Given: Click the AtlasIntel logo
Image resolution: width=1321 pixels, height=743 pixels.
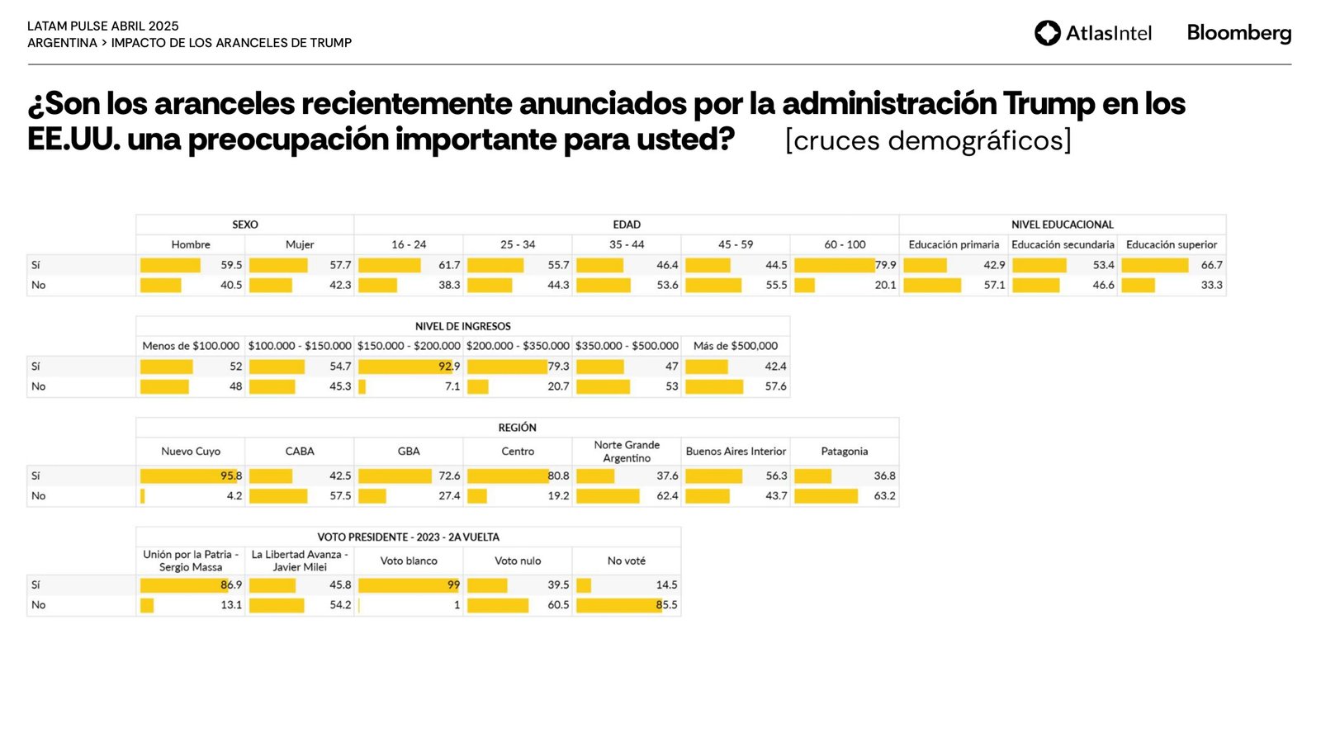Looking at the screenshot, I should coord(1092,33).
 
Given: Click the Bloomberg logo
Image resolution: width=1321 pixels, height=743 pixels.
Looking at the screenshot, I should coord(1238,33).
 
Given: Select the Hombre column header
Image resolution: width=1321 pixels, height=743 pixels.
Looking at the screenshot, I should coord(191,244).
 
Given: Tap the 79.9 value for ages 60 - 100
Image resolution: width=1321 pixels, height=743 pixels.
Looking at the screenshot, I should coord(885,265).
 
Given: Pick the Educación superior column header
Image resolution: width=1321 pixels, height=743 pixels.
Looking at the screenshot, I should coord(1171,244).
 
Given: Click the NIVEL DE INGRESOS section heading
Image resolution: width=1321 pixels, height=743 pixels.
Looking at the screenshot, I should coord(462,326).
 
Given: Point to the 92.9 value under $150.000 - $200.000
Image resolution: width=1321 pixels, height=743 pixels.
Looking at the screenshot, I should coord(449,367).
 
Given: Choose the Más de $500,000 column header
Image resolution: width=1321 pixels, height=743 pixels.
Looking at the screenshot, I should coord(735,346).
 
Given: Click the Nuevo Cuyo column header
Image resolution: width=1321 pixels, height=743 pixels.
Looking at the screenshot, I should coord(191,452).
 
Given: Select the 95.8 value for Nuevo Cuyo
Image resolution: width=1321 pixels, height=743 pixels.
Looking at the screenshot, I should coord(231,476).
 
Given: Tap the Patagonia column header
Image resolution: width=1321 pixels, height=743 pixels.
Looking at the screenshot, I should coord(844,452).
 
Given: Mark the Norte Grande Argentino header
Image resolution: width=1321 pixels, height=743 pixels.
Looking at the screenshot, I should coord(627,452).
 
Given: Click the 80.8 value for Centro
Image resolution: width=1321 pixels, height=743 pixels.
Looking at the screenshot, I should coord(558,476).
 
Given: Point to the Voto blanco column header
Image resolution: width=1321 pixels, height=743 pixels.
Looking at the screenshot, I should coord(409,561).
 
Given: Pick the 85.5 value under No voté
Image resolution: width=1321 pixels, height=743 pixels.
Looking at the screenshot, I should coord(666,605).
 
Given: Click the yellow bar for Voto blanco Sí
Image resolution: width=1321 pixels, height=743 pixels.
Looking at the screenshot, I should coord(405,585).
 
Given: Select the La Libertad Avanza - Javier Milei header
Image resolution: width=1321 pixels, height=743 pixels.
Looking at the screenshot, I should coord(300,561).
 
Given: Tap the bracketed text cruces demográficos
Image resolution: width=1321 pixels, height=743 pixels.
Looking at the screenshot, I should coord(928,140).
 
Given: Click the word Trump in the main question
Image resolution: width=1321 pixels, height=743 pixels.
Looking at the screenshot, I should coord(1049,104).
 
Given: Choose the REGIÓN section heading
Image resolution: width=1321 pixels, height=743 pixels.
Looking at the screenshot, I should coord(517,428).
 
